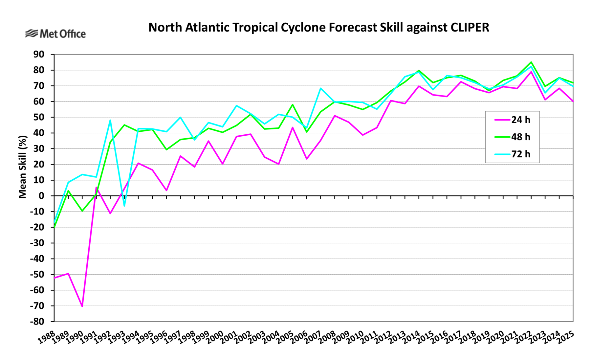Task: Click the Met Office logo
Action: tap(55, 34)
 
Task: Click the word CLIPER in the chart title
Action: tap(470, 28)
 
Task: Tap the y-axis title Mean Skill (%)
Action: tap(22, 167)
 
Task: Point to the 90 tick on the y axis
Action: tap(39, 55)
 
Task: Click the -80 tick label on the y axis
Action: tap(37, 322)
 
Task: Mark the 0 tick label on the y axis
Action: tap(41, 196)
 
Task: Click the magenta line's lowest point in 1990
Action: tap(82, 306)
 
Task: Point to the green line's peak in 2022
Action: tap(531, 62)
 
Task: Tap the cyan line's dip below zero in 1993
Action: tap(124, 206)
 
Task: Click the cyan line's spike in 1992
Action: tap(110, 120)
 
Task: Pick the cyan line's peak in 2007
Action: tap(320, 88)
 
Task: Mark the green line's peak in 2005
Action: tap(293, 104)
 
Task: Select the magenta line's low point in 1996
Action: tap(166, 190)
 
